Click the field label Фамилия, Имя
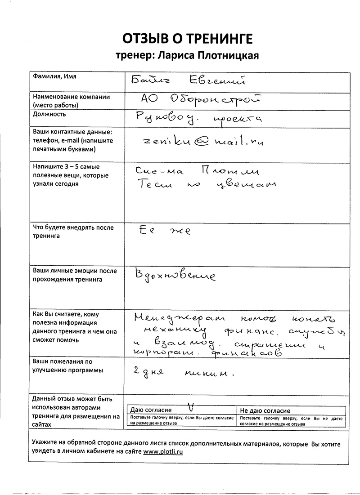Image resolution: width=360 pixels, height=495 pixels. pos(54,76)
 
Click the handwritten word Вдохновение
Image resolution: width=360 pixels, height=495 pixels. pos(176,275)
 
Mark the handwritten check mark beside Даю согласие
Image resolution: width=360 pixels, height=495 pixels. pos(191,407)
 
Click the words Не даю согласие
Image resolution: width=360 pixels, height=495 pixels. pos(265,410)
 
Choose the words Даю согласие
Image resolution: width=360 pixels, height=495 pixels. pos(151,410)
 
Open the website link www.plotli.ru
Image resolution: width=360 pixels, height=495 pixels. pos(163,451)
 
